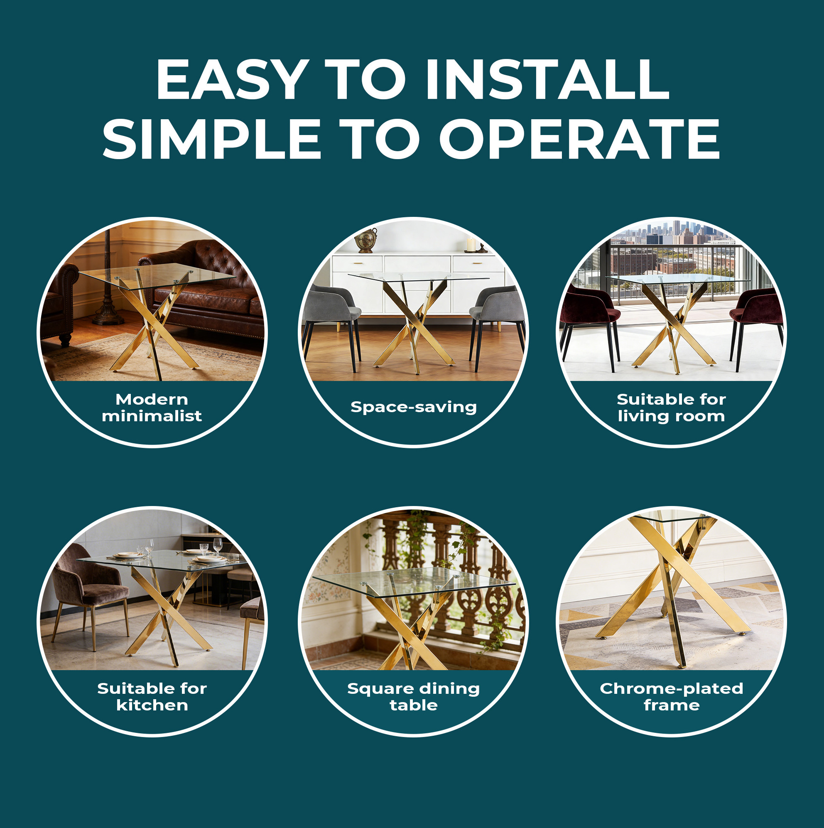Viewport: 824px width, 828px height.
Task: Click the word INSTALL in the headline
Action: tap(547, 79)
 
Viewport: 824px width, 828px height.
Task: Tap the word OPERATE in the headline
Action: tap(579, 139)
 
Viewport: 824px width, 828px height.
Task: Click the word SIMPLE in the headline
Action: tap(212, 139)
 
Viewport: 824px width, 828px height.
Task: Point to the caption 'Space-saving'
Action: tap(414, 407)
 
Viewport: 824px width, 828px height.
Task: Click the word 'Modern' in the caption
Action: tap(152, 399)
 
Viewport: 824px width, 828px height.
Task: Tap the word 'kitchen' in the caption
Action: tap(152, 705)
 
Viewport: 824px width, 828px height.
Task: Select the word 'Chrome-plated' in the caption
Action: tap(672, 689)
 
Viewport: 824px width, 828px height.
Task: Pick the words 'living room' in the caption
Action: tap(672, 416)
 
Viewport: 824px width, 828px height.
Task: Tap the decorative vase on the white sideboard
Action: tap(365, 240)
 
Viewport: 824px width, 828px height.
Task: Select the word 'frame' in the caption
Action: tap(672, 705)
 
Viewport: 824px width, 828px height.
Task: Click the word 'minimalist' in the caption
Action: tap(152, 416)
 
